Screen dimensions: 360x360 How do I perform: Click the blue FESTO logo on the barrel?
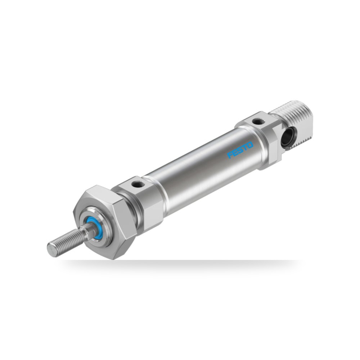pos(240,150)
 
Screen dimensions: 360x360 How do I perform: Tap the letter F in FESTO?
pos(230,155)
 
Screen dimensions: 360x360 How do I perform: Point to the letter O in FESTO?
pos(250,145)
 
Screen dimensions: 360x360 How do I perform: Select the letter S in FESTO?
pos(240,150)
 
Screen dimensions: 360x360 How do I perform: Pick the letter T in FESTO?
pos(245,148)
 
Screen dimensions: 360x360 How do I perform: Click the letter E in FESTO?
pos(235,153)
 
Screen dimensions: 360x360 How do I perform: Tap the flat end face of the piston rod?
pos(51,249)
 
